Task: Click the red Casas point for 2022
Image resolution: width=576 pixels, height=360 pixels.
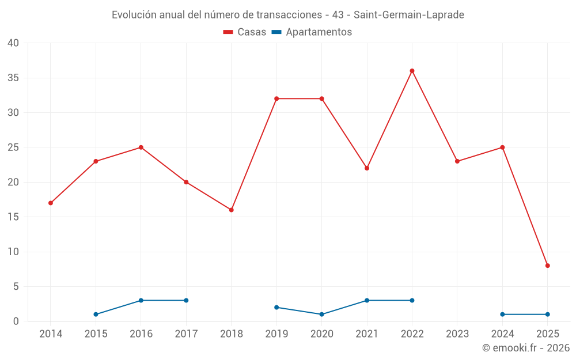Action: [x=412, y=71]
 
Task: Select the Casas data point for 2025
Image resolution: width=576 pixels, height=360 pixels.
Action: [x=548, y=266]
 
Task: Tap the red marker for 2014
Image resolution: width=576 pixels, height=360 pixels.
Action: [x=51, y=203]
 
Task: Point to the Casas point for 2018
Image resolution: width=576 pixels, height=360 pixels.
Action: [x=232, y=210]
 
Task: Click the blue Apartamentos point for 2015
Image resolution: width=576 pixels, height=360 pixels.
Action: [x=96, y=314]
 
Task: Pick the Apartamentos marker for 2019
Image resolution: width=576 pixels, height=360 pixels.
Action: [x=276, y=308]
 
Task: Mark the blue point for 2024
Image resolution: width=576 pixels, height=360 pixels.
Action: [x=502, y=314]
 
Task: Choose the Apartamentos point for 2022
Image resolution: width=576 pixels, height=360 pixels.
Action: [x=412, y=301]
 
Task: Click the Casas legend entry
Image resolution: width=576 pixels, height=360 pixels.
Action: [x=245, y=32]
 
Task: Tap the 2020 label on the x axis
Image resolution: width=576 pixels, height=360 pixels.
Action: [x=321, y=334]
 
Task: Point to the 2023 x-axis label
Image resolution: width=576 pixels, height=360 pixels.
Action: [x=457, y=334]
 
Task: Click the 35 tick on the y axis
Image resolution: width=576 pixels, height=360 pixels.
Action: [x=13, y=78]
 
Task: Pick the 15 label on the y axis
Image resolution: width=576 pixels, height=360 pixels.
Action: [x=13, y=217]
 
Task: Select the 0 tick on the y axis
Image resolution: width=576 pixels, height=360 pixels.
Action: [x=16, y=321]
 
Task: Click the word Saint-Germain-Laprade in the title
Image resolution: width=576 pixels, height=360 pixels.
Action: [x=413, y=15]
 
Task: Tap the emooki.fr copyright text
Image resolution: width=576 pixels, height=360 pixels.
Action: [x=526, y=348]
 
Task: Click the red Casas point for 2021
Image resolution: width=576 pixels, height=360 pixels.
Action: [x=367, y=168]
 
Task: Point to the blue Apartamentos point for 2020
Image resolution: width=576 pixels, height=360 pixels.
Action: [x=321, y=314]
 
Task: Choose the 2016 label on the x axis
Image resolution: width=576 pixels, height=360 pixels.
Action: [x=141, y=334]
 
